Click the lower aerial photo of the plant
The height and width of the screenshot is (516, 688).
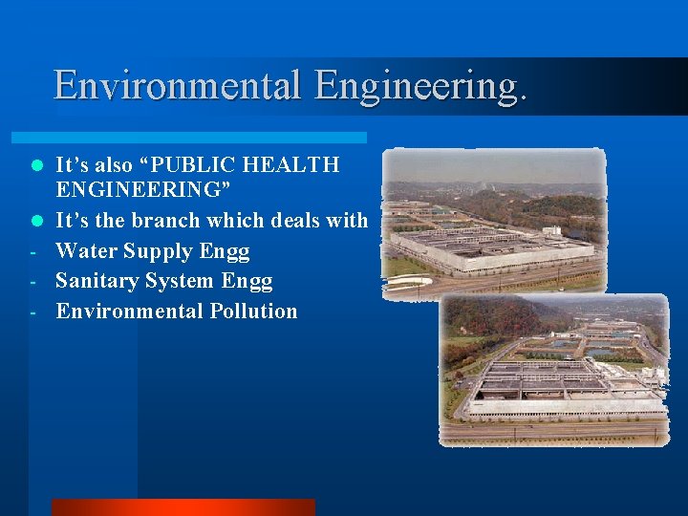coord(554,370)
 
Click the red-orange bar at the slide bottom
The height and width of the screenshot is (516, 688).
coord(183,507)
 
